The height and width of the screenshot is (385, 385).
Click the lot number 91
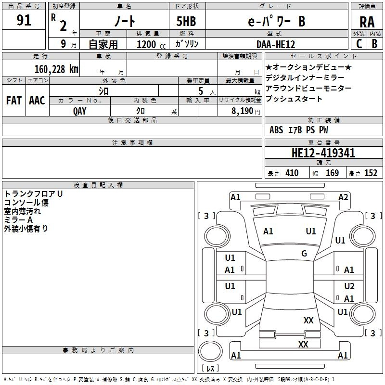pos(24,20)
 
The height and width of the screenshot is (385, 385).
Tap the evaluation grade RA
pos(367,22)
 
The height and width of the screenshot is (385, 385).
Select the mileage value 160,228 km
pos(56,69)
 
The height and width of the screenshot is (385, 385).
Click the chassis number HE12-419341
pos(323,153)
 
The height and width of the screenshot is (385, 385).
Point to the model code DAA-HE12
pos(275,44)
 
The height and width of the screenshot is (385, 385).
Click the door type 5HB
pos(186,21)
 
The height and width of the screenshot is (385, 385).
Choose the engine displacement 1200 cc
pos(151,44)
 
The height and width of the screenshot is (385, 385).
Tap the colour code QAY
pos(79,111)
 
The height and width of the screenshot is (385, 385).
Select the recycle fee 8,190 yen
pos(246,111)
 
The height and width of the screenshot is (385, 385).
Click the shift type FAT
pos(14,101)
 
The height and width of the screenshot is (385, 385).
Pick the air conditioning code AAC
pos(37,101)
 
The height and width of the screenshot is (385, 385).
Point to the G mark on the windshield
pos(304,253)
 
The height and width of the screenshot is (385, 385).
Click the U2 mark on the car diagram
pos(349,286)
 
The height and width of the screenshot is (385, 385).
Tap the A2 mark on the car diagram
pos(343,197)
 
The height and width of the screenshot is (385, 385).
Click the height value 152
pos(371,173)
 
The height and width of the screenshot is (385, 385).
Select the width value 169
pos(332,173)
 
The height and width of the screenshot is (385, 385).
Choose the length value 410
pos(292,173)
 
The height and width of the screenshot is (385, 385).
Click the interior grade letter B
pos(374,44)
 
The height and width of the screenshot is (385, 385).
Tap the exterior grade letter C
pos(359,44)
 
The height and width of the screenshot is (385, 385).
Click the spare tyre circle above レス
pos(210,351)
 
